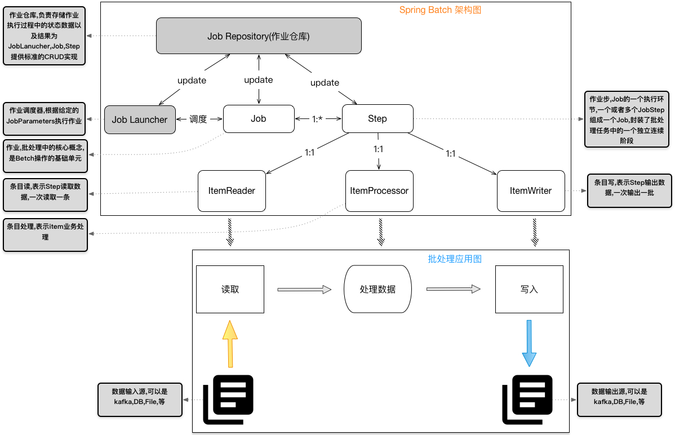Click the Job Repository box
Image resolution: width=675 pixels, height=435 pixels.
coord(259,36)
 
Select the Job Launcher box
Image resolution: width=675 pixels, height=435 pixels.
coord(140,119)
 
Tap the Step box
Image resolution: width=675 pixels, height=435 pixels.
coord(378,118)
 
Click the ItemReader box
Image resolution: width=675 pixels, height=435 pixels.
coord(232,191)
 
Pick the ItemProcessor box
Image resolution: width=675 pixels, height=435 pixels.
coord(379,191)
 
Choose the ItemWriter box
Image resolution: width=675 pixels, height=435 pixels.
coord(531,191)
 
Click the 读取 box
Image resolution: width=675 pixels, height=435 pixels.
coord(230,289)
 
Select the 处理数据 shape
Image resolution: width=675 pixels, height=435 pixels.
coord(378,289)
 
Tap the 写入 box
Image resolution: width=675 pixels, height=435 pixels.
coord(529,289)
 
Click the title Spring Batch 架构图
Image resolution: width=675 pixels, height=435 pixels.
coord(440,10)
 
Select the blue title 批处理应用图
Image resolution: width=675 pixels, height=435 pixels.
coord(455,259)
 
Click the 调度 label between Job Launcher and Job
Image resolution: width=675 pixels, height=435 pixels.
coord(198,119)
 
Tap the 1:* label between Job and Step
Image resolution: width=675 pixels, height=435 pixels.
coord(318,119)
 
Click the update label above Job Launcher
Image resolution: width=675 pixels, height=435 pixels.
coord(192,81)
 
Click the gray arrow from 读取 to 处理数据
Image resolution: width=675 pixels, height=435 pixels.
coord(304,290)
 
